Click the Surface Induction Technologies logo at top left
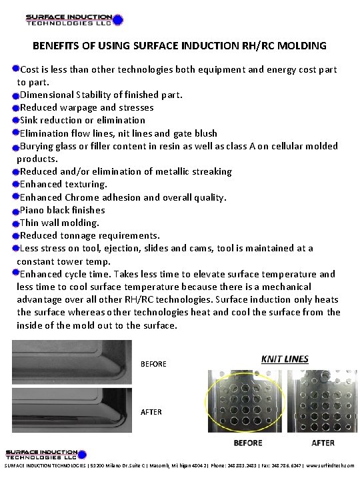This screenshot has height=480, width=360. pyautogui.click(x=74, y=19)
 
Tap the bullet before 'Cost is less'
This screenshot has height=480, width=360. pyautogui.click(x=15, y=69)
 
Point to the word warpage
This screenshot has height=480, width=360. pyautogui.click(x=77, y=107)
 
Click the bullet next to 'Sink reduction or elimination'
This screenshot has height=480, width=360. pyautogui.click(x=15, y=120)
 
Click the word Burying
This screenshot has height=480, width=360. pyautogui.click(x=39, y=146)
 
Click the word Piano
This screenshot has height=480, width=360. pyautogui.click(x=33, y=210)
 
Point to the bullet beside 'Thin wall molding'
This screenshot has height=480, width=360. pyautogui.click(x=15, y=223)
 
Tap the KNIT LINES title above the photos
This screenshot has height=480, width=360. pyautogui.click(x=285, y=359)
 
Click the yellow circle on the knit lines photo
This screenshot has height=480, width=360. pyautogui.click(x=246, y=407)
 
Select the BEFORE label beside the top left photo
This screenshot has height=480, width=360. pyautogui.click(x=153, y=364)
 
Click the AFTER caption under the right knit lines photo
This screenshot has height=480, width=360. pyautogui.click(x=323, y=443)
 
